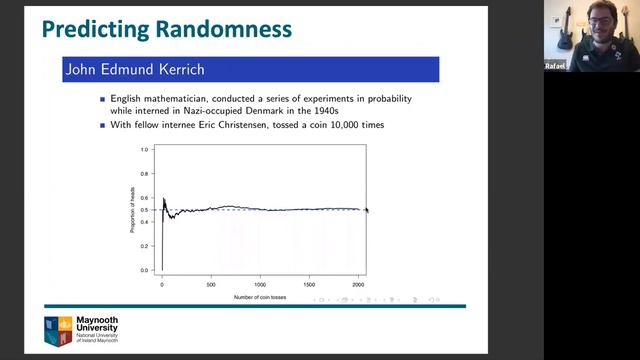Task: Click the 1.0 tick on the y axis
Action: [144, 150]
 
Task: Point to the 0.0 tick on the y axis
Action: [144, 270]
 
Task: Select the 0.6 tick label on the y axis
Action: [144, 198]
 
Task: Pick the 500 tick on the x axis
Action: [211, 285]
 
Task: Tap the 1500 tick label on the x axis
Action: [309, 285]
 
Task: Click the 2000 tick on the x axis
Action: [358, 285]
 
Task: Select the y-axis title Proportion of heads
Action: [132, 210]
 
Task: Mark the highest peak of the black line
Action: [164, 198]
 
